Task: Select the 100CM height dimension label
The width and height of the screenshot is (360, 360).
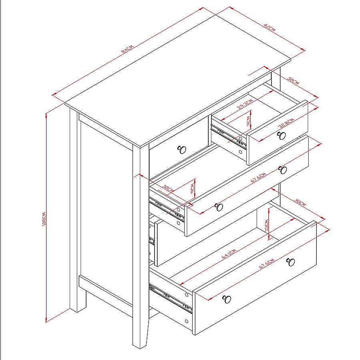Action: tap(44, 218)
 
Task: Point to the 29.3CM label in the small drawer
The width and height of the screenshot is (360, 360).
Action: tap(244, 106)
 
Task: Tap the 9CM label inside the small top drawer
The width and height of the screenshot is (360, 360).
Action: tap(249, 121)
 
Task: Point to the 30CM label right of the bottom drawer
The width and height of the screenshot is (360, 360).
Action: tap(300, 203)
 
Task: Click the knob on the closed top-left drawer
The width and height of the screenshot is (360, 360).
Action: tap(182, 150)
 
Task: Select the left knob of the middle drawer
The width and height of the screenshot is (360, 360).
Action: tap(218, 207)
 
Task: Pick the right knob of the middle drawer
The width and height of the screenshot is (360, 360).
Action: tap(283, 170)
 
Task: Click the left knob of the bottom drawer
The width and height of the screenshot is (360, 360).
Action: tap(227, 299)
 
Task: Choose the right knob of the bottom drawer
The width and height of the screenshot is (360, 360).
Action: tap(291, 262)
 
